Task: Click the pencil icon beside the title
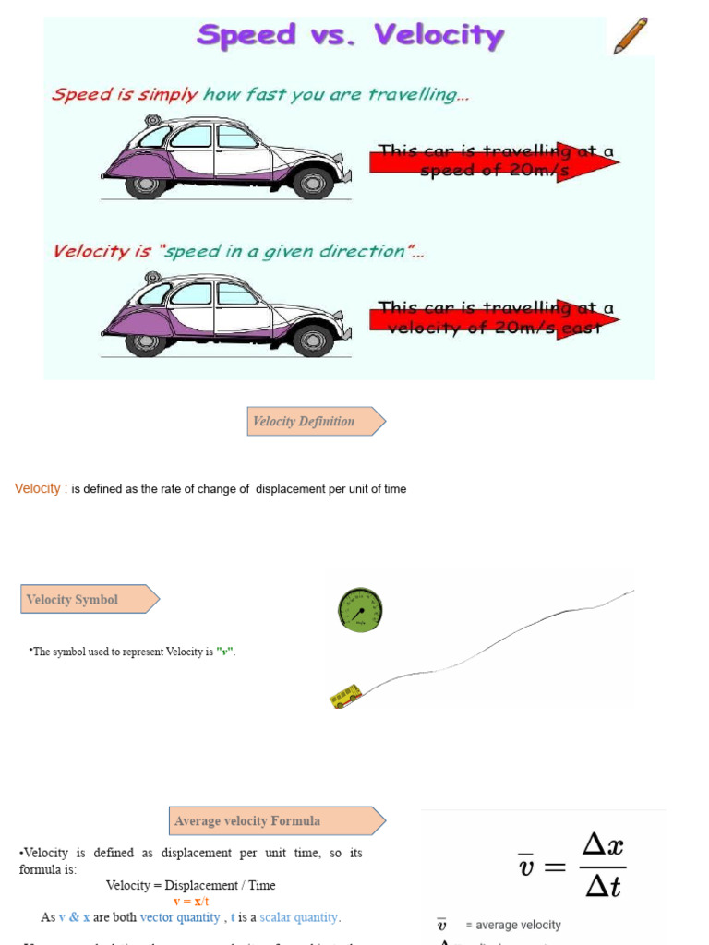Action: pos(631,36)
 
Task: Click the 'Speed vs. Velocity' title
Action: pos(351,37)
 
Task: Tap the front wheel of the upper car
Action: pos(312,183)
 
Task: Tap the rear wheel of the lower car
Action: pos(145,340)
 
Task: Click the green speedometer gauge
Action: pos(360,610)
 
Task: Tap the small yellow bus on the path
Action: pos(346,696)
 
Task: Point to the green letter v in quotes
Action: pos(223,652)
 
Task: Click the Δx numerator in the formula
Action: pos(604,844)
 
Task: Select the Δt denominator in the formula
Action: pos(604,887)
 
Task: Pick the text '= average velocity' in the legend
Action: pos(512,925)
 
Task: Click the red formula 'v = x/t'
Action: pos(191,902)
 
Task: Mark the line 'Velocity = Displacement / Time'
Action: pos(190,885)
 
